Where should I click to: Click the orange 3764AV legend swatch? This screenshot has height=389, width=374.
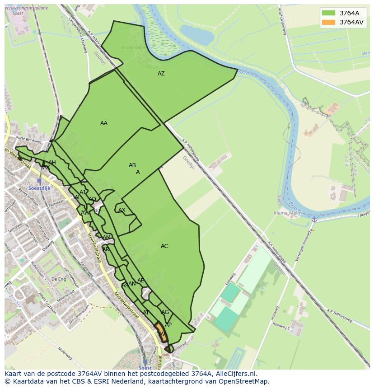coord(328,22)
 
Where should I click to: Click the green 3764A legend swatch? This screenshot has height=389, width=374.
coord(328,13)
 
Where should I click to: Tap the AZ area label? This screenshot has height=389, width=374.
coord(161,74)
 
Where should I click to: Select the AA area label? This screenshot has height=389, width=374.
coord(104,123)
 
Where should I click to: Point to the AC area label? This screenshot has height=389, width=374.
coord(164,246)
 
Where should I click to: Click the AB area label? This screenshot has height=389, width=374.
coord(132,165)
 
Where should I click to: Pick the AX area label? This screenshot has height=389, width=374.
coord(122,210)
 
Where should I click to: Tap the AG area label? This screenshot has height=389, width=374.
coord(165,312)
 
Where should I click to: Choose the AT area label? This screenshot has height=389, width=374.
coord(146,313)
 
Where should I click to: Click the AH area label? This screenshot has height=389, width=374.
coord(52,163)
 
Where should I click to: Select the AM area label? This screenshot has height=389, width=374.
coord(107,238)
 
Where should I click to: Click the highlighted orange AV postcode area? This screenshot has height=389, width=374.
coord(161,333)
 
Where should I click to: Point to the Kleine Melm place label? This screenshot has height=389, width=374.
coord(287,213)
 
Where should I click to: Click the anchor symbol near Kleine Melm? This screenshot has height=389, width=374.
coord(313,219)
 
